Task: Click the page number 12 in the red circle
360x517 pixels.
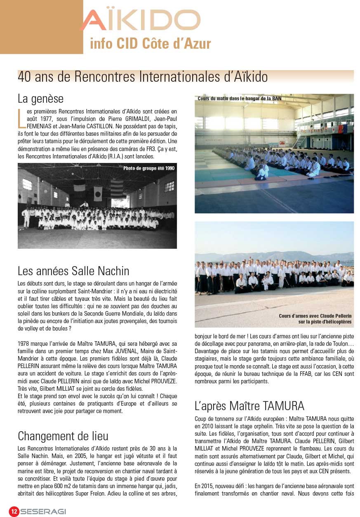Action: point(14,511)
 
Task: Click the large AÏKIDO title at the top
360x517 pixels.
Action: point(140,21)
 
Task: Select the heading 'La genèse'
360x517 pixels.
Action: point(40,99)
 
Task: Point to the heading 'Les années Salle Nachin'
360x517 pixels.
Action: point(73,271)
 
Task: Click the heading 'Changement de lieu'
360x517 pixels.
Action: point(63,436)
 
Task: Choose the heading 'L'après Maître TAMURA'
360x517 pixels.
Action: point(249,406)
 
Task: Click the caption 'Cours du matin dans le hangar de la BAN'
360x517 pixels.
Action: point(239,99)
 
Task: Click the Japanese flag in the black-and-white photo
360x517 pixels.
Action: point(98,193)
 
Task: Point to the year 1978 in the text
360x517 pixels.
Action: point(25,343)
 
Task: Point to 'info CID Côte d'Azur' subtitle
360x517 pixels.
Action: point(150,44)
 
